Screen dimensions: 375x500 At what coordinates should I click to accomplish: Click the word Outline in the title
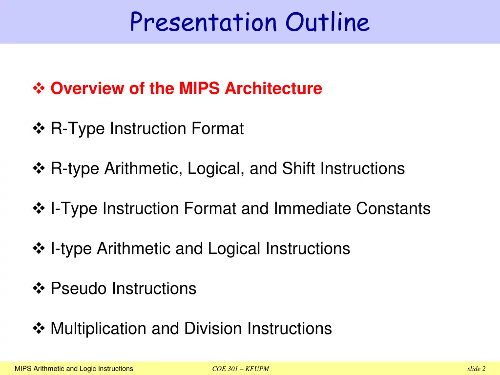point(328,22)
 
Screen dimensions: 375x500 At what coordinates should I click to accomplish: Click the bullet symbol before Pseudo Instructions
point(39,289)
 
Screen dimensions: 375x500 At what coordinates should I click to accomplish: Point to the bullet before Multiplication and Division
point(39,329)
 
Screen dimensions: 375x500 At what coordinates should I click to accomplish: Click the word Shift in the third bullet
point(299,169)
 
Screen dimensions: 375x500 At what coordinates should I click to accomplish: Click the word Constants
point(393,209)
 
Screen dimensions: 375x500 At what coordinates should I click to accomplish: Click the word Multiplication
point(99,329)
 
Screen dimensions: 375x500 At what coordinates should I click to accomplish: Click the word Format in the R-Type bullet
point(217,129)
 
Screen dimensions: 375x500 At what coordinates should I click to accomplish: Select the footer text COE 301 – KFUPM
point(241,369)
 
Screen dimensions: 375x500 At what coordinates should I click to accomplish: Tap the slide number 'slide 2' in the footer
point(476,369)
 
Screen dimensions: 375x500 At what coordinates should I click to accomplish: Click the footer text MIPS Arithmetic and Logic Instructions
point(74,369)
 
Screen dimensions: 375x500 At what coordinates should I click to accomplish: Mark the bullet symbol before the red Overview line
point(39,89)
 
